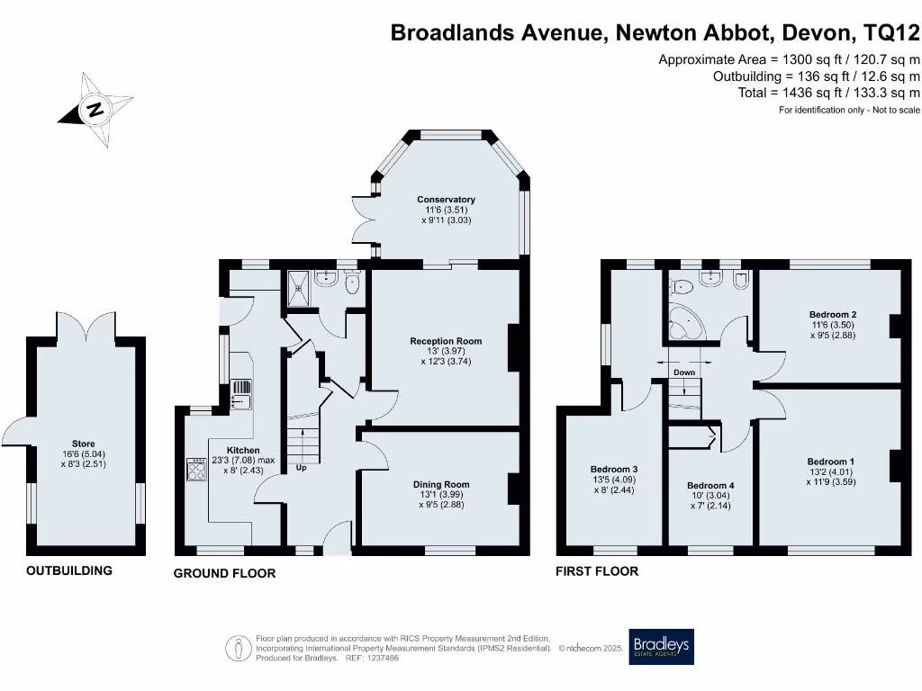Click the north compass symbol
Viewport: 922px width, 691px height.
[95, 110]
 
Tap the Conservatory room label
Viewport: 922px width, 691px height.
[446, 200]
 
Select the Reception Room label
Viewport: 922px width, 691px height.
[446, 341]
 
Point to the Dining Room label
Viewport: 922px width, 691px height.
[441, 484]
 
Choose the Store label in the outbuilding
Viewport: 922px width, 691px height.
[85, 444]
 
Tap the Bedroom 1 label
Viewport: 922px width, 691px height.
[830, 462]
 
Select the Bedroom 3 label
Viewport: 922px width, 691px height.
[614, 469]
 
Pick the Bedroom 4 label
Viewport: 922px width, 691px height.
[710, 486]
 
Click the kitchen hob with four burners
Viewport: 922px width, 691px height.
[196, 469]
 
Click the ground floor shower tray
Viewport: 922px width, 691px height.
[299, 286]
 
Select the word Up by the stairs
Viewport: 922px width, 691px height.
[302, 468]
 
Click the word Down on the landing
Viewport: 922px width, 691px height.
[684, 372]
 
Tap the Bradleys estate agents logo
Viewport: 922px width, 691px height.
[661, 646]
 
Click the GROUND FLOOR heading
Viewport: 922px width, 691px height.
[224, 573]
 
